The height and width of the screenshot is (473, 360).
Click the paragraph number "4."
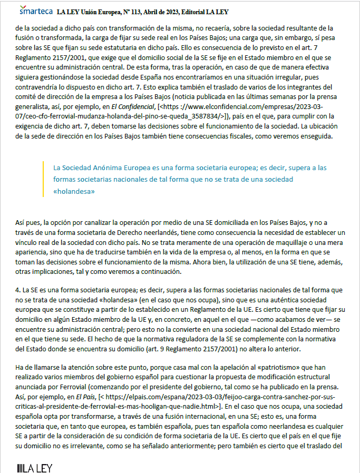click(18, 290)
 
